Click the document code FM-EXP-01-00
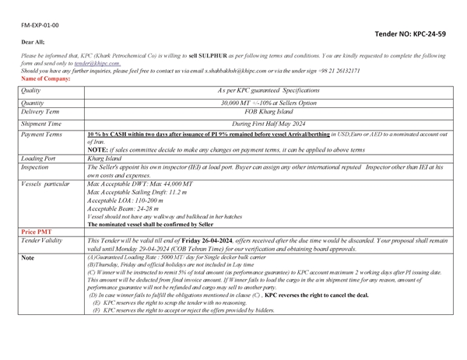coord(41,25)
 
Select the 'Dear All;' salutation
coord(32,41)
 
